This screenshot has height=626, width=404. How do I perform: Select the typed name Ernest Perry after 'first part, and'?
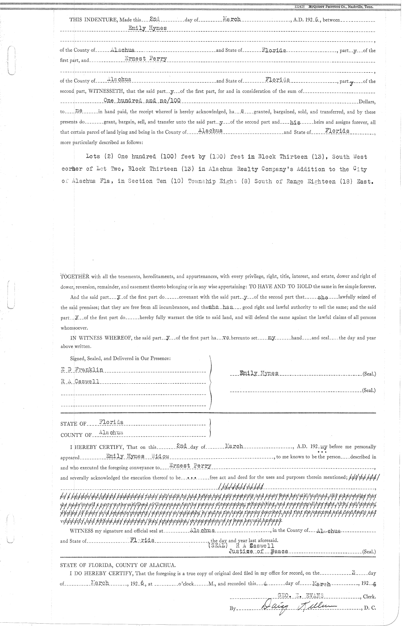click(146, 59)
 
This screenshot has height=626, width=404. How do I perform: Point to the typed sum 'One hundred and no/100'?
click(142, 100)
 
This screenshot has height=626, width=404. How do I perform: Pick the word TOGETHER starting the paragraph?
click(74, 277)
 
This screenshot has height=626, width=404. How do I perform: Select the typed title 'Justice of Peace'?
click(258, 552)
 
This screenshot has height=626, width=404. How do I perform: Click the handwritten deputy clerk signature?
click(296, 607)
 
